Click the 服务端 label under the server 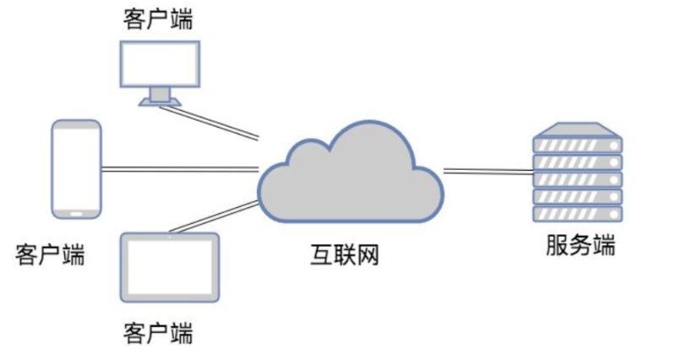click(x=580, y=246)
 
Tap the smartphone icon click(x=76, y=168)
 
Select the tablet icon click(x=170, y=267)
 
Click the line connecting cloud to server click(x=488, y=172)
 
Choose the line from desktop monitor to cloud click(x=217, y=120)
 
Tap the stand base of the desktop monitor click(x=159, y=101)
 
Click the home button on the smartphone click(x=76, y=212)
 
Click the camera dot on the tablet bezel click(x=170, y=237)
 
